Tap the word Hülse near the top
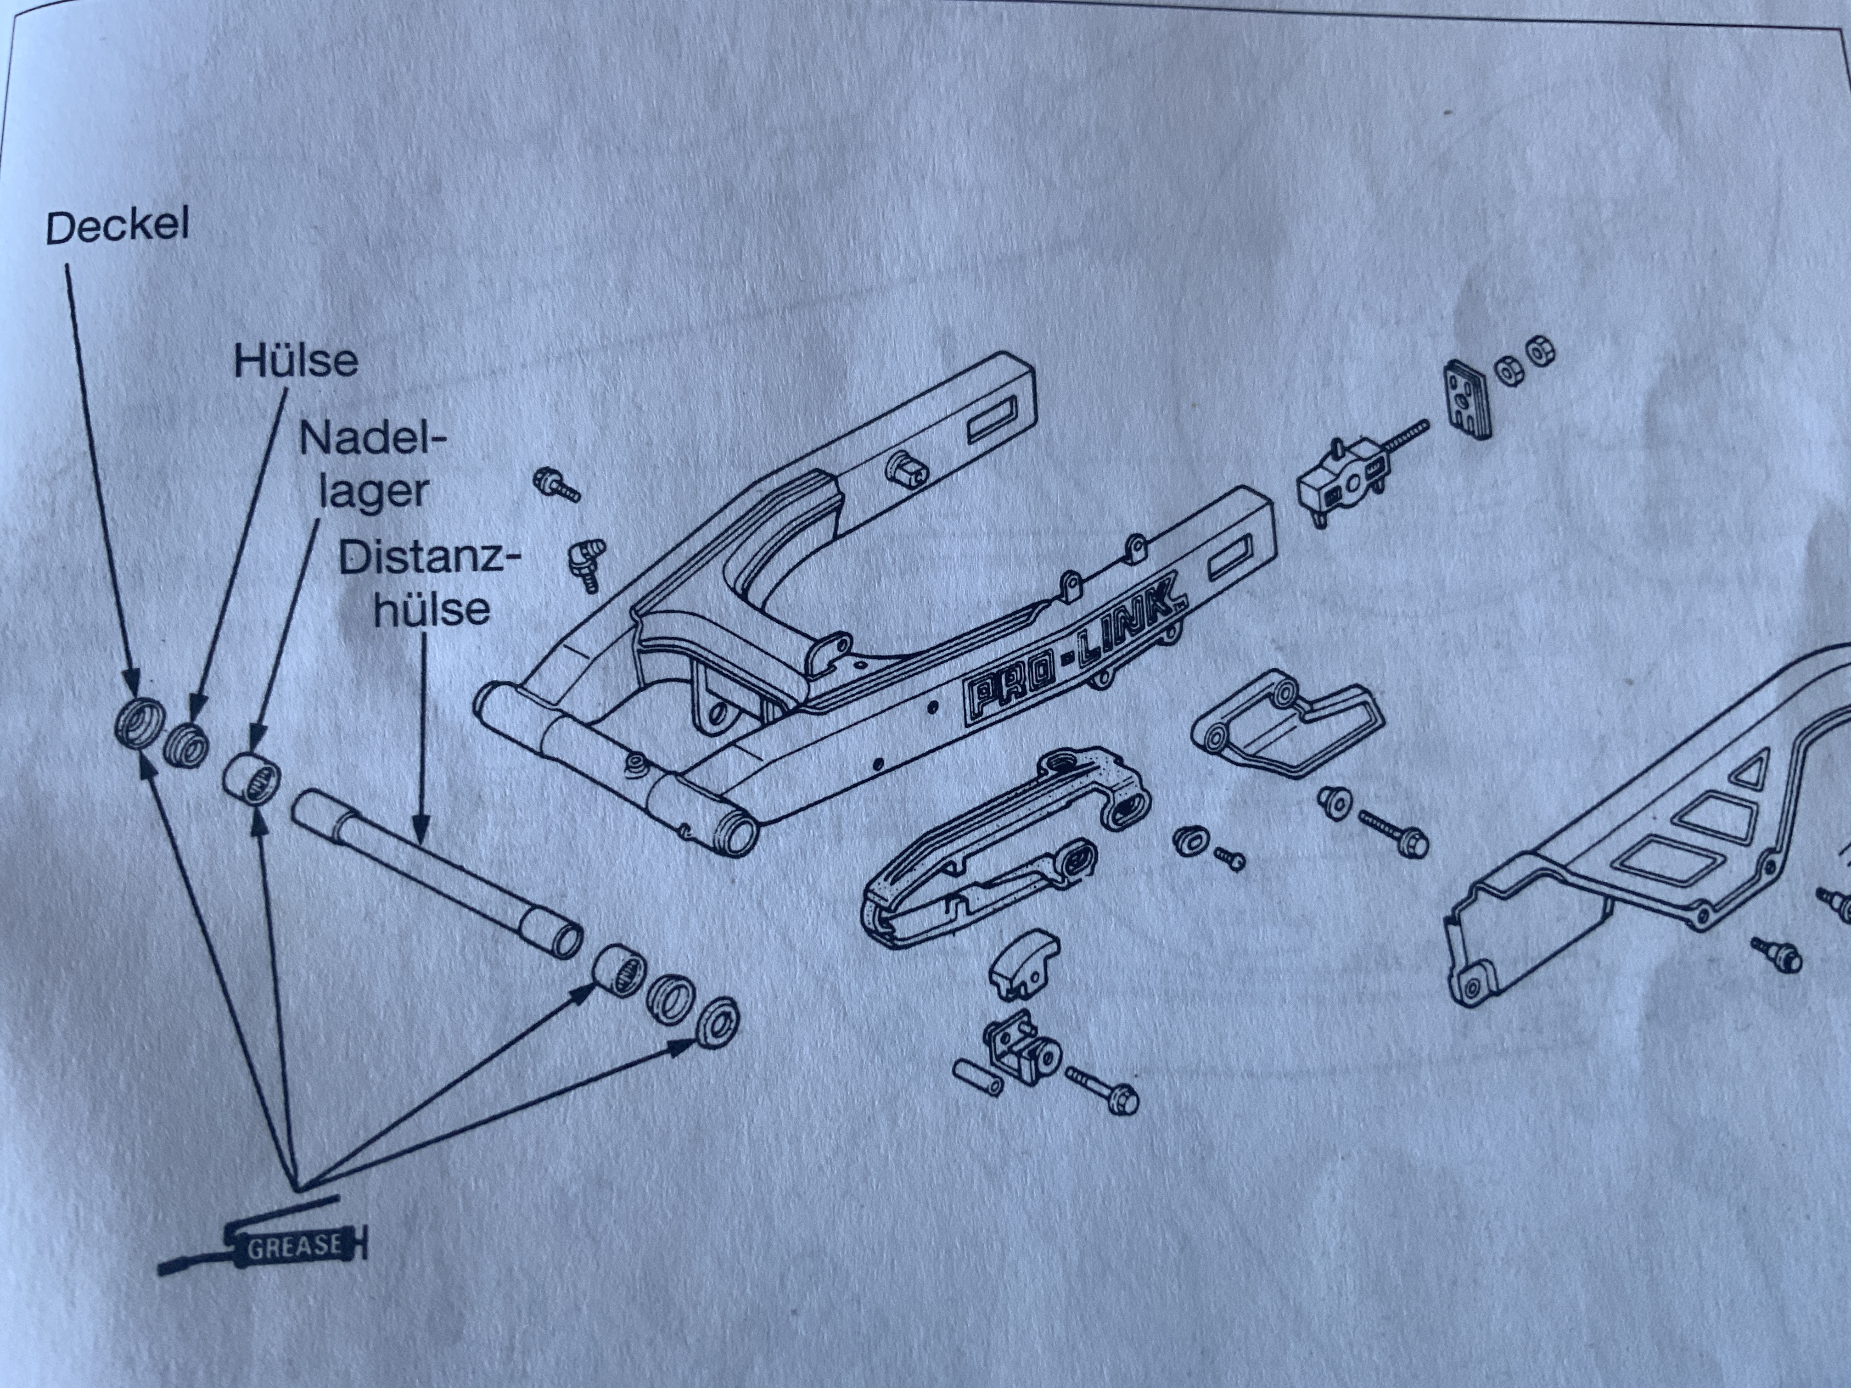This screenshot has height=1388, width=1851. pos(295,361)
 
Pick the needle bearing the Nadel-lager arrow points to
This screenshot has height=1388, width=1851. pos(251,778)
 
